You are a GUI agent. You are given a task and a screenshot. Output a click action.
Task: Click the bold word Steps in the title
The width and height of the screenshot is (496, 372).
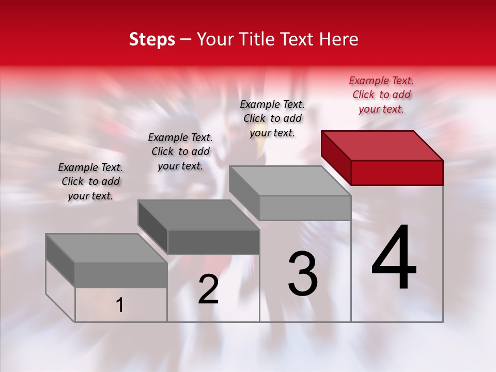(x=152, y=39)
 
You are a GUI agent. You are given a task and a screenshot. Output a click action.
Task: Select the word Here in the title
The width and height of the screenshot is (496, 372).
(x=338, y=39)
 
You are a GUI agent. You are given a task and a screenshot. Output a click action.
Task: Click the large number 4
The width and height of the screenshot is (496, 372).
(x=394, y=258)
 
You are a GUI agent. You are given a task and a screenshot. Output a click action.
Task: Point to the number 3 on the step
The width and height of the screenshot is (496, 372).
(x=303, y=274)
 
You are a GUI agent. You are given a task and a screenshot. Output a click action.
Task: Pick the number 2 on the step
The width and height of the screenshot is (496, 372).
(x=209, y=289)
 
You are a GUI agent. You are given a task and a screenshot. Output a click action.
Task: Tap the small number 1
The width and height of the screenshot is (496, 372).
(x=120, y=305)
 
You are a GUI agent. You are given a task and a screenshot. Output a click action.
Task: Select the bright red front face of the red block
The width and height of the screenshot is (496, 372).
(x=397, y=173)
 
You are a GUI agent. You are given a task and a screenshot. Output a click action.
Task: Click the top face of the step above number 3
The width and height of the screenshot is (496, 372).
(x=289, y=181)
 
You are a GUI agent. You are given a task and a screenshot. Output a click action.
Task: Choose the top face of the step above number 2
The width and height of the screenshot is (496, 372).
(x=198, y=215)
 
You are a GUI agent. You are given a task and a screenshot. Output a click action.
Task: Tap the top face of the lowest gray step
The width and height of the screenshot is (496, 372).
(x=106, y=248)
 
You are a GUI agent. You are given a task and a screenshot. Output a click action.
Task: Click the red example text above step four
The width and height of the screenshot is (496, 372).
(x=381, y=95)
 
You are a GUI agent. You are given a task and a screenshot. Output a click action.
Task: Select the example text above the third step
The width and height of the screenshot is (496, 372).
(x=272, y=118)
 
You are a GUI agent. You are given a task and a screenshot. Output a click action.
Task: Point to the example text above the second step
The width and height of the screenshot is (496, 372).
(x=180, y=151)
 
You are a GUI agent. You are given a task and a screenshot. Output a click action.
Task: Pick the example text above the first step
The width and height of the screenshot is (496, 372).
(x=90, y=181)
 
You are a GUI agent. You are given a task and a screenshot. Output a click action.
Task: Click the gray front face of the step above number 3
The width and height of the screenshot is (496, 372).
(x=305, y=208)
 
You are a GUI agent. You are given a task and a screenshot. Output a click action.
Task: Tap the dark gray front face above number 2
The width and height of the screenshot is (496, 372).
(x=213, y=242)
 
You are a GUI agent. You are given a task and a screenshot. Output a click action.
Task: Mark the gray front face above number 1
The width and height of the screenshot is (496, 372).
(x=121, y=275)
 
